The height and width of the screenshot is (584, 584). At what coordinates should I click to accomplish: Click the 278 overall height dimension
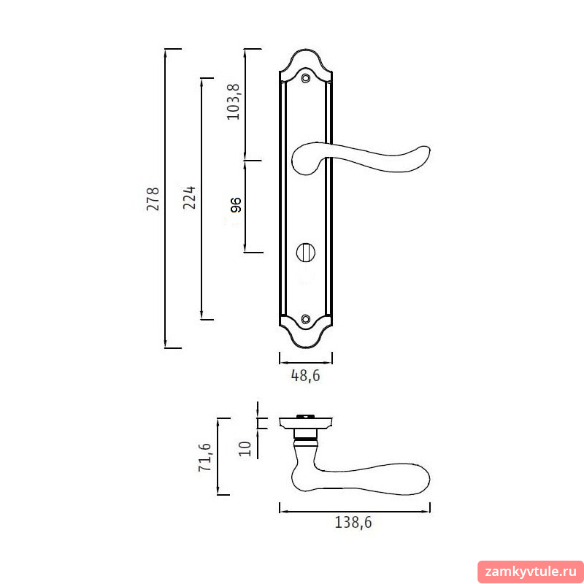click(x=153, y=199)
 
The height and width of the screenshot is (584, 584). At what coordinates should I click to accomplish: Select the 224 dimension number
click(x=190, y=197)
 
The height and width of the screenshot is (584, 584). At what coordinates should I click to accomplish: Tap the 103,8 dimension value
click(x=234, y=101)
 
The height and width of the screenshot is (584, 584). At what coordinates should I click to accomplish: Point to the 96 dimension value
click(x=236, y=205)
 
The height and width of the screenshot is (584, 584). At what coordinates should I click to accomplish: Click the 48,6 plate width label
click(x=305, y=376)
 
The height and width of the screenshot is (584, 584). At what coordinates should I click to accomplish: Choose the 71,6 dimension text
click(x=205, y=457)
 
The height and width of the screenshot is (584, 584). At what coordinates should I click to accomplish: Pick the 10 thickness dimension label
click(x=245, y=449)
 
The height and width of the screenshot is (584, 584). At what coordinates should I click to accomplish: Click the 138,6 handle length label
click(x=353, y=523)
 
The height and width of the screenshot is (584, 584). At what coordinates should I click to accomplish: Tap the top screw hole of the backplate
click(x=306, y=78)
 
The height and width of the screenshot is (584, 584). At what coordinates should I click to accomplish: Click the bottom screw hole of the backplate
click(x=306, y=319)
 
